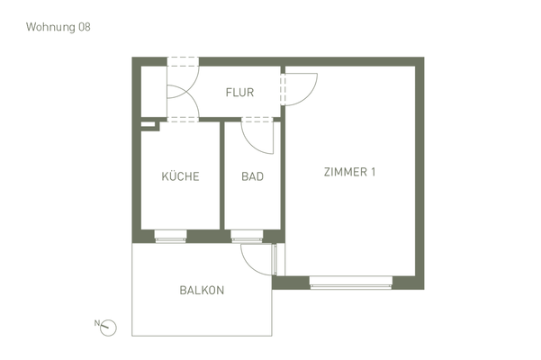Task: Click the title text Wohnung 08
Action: click(59, 27)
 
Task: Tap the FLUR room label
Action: click(239, 93)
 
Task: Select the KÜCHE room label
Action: click(180, 176)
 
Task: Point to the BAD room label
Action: click(253, 176)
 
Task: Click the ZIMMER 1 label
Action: click(349, 173)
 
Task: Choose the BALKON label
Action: click(202, 291)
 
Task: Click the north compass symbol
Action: click(110, 326)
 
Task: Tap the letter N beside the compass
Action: click(96, 321)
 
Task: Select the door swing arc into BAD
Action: click(259, 137)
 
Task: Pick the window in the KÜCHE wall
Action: click(170, 237)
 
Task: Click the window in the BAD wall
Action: click(247, 237)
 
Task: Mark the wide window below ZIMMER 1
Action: click(351, 283)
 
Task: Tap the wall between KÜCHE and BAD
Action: click(222, 175)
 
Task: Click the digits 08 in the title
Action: click(84, 27)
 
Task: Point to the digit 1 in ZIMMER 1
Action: click(372, 173)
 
